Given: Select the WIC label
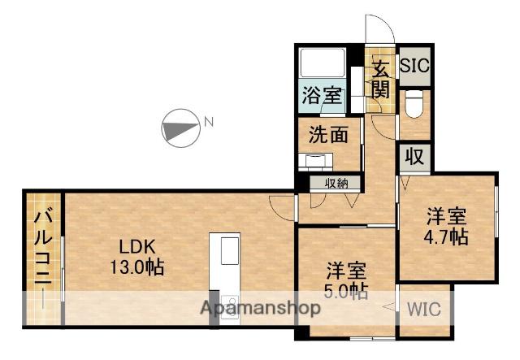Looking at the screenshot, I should tap(424, 310).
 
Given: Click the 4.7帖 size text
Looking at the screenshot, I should tap(448, 238).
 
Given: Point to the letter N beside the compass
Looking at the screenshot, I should tap(209, 123).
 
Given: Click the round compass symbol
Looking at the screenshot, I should tap(180, 128).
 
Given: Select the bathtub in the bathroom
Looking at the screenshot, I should tap(322, 63).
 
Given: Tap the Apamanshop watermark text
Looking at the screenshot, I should tap(260, 308).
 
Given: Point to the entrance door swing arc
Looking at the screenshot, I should tap(375, 28).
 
